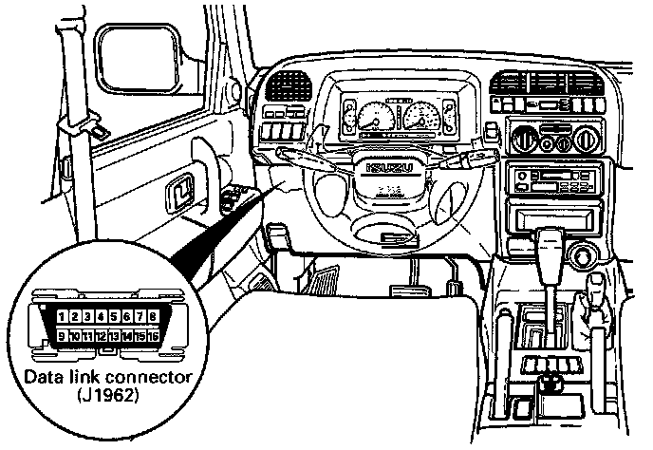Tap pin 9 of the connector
(61, 335)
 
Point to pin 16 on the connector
(153, 335)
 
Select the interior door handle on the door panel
(178, 196)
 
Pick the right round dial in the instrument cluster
(420, 119)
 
